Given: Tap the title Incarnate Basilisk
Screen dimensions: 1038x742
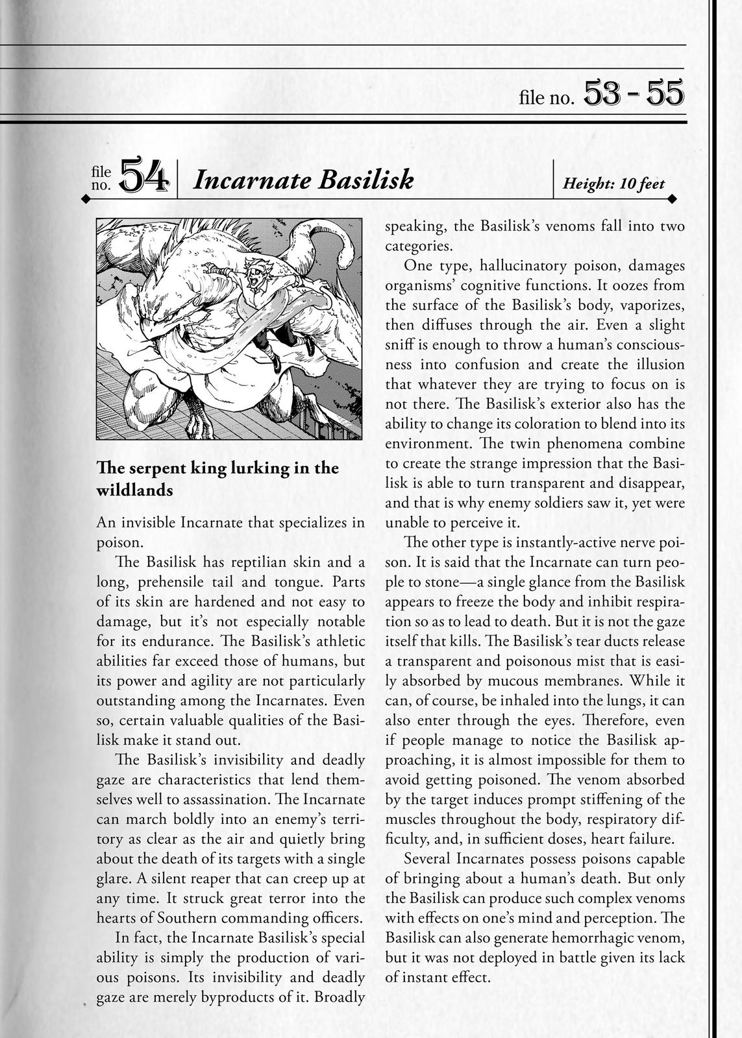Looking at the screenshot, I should coord(303,180).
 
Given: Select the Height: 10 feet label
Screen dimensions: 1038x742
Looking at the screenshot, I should coord(613,184).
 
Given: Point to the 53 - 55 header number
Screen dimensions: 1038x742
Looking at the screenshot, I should coord(634,93).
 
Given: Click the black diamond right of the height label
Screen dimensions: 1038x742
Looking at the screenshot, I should coord(673,198).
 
